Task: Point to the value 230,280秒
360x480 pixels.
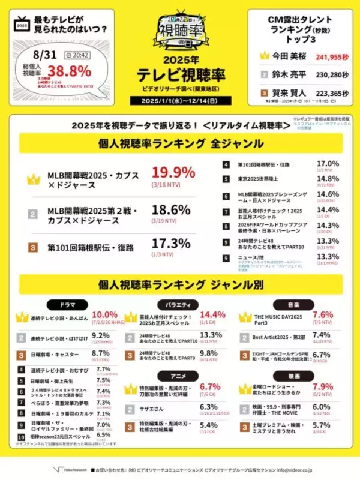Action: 329,74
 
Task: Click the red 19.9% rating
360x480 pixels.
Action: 173,172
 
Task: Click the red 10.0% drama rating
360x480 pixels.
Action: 104,314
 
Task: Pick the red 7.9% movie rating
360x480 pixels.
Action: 319,386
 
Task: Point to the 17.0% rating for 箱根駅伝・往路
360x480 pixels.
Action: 328,163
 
